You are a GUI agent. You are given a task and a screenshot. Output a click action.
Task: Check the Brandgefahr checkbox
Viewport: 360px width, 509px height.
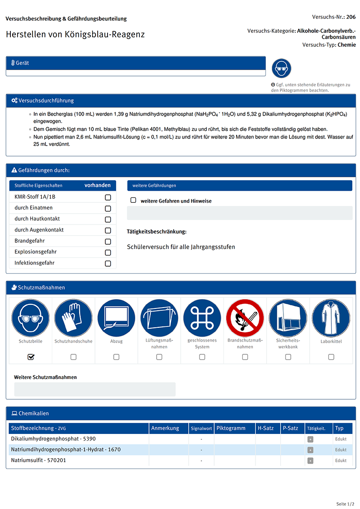click(108, 241)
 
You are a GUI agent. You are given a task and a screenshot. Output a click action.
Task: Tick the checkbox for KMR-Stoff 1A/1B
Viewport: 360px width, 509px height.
click(108, 197)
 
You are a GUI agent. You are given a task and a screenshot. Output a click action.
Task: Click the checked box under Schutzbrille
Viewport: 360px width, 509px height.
click(31, 357)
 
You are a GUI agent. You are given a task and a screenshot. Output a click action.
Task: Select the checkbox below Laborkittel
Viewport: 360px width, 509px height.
click(331, 357)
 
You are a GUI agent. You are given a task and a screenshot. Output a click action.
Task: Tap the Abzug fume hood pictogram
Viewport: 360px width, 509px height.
click(116, 318)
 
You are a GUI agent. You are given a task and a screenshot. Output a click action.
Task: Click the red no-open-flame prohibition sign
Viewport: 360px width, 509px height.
click(245, 318)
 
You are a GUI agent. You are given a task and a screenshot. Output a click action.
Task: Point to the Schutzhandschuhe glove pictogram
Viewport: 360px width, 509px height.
click(73, 318)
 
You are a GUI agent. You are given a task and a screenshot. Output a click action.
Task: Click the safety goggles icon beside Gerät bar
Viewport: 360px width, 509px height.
click(282, 69)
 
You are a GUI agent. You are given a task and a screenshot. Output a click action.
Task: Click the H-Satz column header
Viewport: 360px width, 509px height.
click(265, 429)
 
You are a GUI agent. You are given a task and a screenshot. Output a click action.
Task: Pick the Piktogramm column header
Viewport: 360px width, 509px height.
click(231, 429)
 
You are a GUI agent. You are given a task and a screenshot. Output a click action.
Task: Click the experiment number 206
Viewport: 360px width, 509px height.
click(351, 17)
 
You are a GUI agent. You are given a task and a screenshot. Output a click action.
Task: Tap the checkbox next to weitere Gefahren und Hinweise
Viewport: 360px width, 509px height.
click(133, 200)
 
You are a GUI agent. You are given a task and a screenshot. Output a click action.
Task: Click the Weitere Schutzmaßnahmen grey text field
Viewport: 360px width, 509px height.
click(94, 389)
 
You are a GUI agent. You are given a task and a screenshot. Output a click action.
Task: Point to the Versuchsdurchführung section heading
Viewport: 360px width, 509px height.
click(46, 101)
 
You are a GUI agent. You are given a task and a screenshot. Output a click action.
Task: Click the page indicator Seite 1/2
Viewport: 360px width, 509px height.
click(346, 504)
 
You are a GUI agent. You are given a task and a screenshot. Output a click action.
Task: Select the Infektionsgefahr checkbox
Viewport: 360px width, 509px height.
click(108, 263)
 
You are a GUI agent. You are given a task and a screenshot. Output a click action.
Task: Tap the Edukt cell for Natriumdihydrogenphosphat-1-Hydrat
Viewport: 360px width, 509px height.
click(341, 450)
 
